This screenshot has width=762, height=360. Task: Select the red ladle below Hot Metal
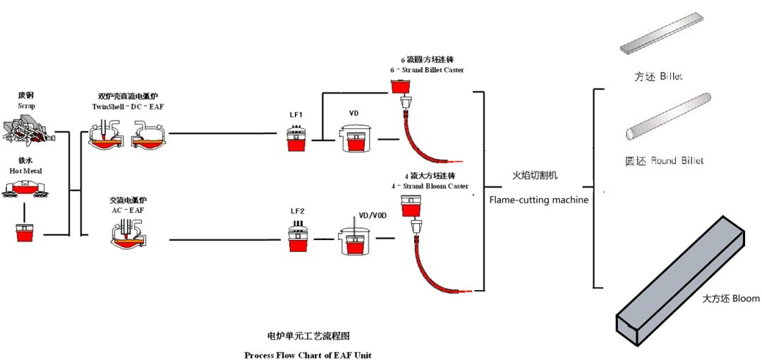25,232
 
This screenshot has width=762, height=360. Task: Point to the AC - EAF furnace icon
128,233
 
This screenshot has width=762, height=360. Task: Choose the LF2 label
296,211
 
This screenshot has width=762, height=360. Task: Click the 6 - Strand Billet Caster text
427,70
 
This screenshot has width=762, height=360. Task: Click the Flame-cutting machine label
538,200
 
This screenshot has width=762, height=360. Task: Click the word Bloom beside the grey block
746,299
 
